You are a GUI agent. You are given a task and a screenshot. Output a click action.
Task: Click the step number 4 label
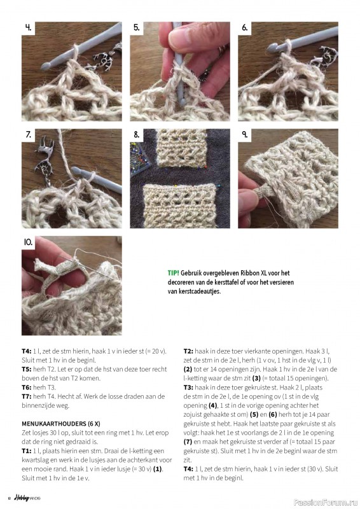(x=29, y=28)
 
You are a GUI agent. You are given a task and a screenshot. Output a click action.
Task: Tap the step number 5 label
(x=137, y=28)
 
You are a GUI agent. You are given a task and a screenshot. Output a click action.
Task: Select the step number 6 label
(x=245, y=28)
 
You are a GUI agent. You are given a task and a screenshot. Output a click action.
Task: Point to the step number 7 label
(x=29, y=134)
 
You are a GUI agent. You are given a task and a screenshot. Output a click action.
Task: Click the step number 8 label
(x=137, y=134)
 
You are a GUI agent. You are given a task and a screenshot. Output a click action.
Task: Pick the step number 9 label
(x=245, y=134)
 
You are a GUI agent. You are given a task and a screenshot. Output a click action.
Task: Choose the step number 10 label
(x=28, y=242)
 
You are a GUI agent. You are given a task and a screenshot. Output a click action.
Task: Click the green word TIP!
(x=174, y=273)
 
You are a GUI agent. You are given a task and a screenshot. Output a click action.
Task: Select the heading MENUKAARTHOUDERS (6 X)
(x=61, y=424)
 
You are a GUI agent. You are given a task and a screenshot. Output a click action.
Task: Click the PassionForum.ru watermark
(x=325, y=503)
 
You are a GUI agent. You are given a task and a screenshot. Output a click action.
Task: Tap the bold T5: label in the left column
(x=27, y=370)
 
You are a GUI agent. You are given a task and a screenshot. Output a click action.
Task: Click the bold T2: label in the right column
(x=188, y=351)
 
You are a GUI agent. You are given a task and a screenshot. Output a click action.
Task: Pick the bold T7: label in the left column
(x=27, y=396)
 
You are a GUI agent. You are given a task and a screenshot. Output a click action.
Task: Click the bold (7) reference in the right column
(x=188, y=442)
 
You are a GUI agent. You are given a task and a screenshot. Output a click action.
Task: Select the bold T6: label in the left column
(x=27, y=387)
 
